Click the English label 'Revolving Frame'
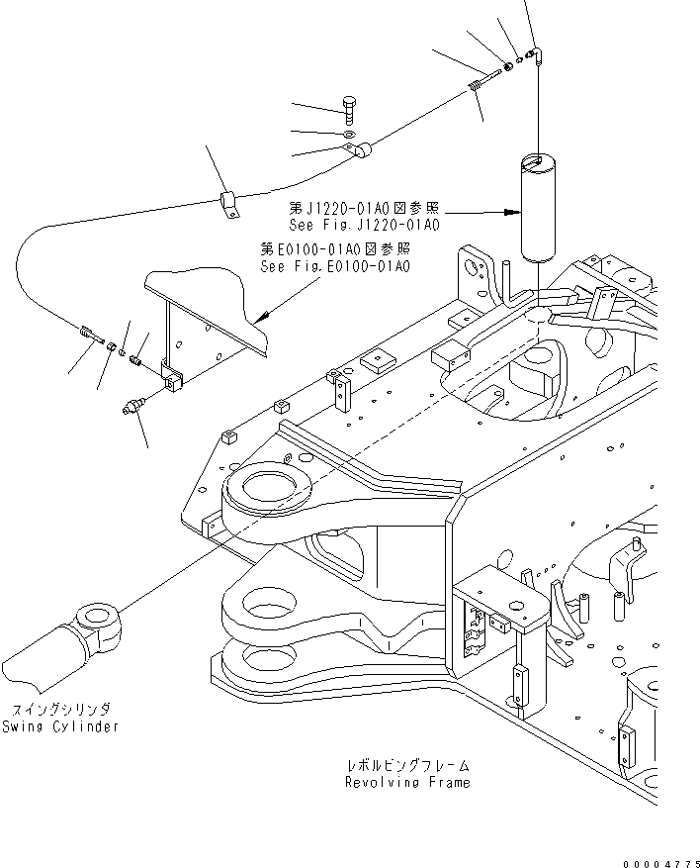click(407, 782)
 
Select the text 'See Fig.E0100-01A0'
click(335, 266)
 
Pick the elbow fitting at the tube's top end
click(534, 53)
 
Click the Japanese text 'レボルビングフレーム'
click(407, 766)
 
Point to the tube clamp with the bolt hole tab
click(361, 151)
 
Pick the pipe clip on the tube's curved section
click(229, 201)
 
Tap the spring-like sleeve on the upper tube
click(477, 87)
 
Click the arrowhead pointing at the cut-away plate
click(260, 318)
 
